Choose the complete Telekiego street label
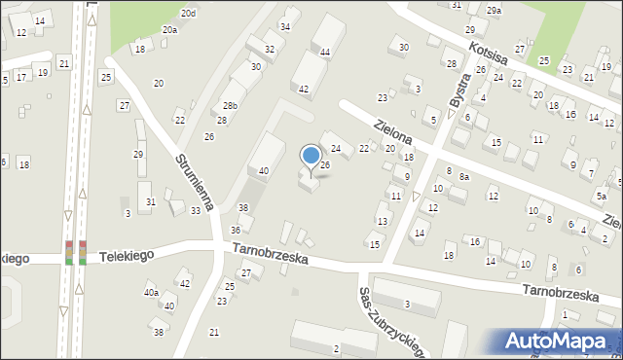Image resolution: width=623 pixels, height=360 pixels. pos(124,254)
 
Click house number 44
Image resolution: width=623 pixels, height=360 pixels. pos(325,52)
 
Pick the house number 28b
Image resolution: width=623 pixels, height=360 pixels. pos(230,105)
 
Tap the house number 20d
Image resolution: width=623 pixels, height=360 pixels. pos(188,13)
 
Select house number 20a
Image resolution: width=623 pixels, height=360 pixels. pos(169,30)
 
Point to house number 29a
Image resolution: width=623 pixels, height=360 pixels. pos(494,10)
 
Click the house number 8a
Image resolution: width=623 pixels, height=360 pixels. pos(464,177)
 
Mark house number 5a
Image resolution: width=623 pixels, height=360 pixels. pos(602,196)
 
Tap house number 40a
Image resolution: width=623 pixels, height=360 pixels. pos(151,292)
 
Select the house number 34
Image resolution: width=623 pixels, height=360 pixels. pos(285,25)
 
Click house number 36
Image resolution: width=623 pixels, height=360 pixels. pos(235,230)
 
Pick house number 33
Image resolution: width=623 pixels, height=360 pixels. pos(196,210)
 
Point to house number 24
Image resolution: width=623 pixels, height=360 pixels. pos(336,148)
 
